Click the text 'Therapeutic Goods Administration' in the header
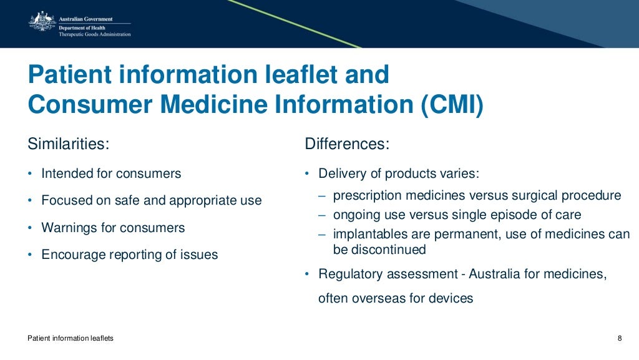tap(95, 34)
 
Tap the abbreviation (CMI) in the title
tap(452, 105)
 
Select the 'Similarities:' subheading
tap(69, 144)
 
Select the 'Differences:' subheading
tap(347, 144)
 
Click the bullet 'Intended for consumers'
tap(111, 173)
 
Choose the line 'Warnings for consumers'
tap(113, 228)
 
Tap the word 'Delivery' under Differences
tap(341, 173)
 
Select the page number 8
tap(620, 338)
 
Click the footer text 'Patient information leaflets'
tap(71, 338)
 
